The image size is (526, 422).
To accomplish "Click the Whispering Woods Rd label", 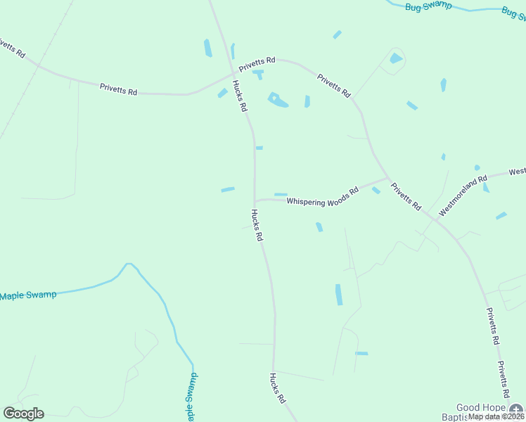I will point(323,198).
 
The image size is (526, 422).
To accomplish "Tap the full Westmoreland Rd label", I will point(463,196).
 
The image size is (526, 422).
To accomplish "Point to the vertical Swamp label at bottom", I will point(191,397).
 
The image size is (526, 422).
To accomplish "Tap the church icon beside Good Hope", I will point(517,409).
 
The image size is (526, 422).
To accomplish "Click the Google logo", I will point(23,414).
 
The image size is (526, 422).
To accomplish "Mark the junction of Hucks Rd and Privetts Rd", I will point(234,73).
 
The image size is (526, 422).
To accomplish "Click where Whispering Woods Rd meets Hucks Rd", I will point(255,200).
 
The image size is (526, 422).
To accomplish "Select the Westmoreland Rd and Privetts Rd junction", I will point(437,220).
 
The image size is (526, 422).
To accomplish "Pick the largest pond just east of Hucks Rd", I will point(278,101).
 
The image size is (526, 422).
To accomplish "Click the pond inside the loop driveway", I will point(396,58).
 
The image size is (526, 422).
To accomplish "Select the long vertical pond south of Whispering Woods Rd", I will point(339,294).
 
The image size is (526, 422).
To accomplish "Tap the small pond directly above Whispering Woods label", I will point(281,194).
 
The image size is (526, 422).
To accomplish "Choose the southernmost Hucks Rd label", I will point(276,388).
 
